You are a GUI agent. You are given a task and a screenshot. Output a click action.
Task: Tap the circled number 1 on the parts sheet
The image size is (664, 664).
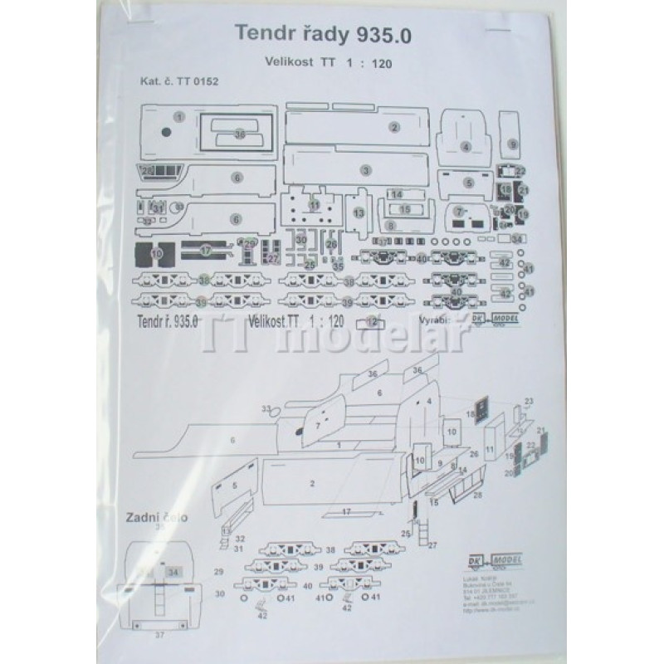(179, 118)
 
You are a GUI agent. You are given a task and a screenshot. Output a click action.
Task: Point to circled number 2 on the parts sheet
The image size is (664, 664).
(395, 127)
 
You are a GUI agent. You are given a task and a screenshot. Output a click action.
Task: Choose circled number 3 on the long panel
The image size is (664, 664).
(365, 170)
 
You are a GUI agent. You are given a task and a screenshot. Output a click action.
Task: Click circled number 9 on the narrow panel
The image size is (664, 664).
(514, 144)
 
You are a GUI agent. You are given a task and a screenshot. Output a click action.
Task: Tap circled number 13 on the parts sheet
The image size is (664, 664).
(359, 213)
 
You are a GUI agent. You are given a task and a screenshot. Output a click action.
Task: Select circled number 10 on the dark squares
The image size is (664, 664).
(158, 252)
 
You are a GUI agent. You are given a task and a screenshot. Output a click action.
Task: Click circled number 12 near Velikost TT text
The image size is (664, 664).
(373, 322)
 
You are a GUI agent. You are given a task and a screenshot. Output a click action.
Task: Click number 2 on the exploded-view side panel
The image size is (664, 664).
(312, 483)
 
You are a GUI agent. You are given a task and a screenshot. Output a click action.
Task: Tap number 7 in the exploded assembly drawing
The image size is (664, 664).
(316, 426)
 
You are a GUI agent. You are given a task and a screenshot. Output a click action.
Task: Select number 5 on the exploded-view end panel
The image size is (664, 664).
(236, 486)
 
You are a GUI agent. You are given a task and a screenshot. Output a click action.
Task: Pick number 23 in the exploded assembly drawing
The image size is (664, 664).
(529, 402)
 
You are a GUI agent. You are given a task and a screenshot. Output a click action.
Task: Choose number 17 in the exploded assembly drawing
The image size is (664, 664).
(348, 512)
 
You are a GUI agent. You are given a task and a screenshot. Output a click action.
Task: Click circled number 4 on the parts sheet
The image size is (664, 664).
(466, 146)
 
